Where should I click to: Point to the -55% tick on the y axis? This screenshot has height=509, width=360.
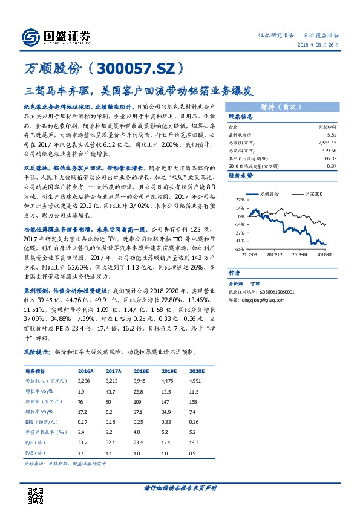point(240,248)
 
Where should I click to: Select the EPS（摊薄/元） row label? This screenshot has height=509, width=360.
point(40,421)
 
